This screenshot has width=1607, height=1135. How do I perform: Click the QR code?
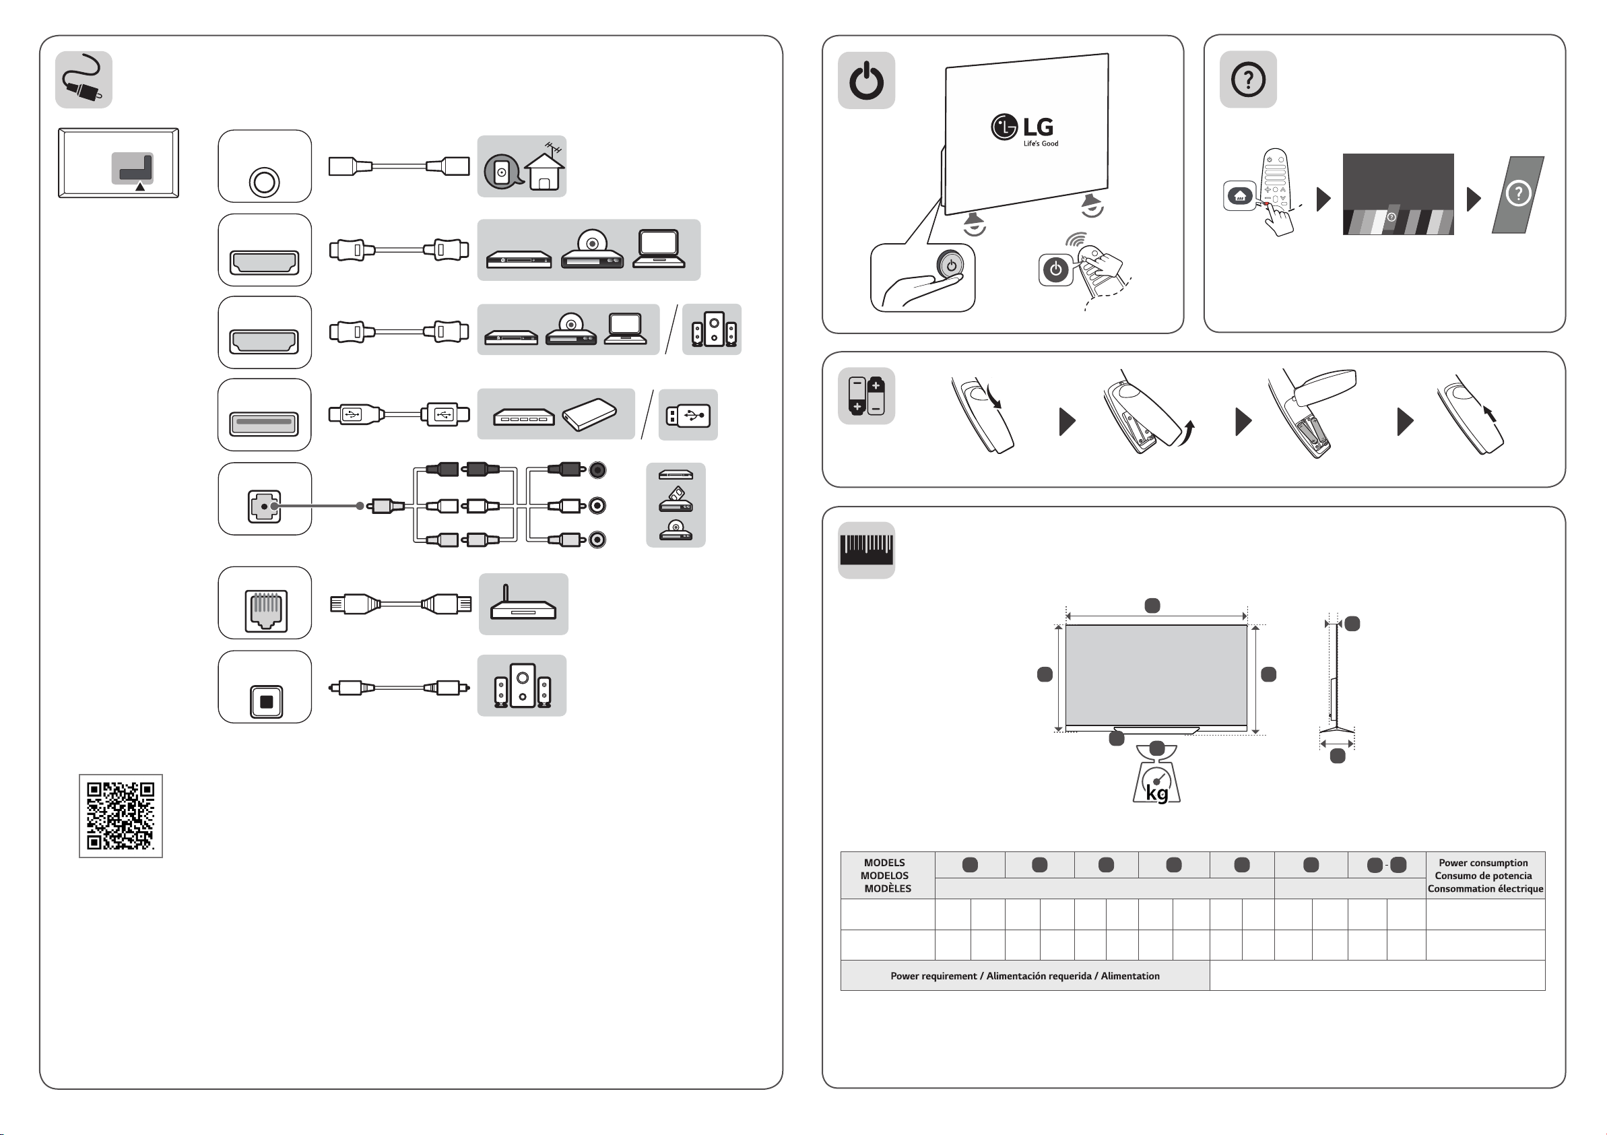[x=121, y=816]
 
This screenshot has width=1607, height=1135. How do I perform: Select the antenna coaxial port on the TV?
[x=264, y=182]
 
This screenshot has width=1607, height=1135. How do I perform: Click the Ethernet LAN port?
[x=265, y=609]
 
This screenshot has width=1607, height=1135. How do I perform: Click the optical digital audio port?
[x=266, y=701]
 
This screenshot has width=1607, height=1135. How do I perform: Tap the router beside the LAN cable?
[x=523, y=604]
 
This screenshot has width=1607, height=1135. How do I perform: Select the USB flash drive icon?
[x=688, y=415]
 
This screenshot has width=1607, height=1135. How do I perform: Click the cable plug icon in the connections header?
[x=84, y=79]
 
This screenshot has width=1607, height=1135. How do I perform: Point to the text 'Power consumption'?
[x=1483, y=863]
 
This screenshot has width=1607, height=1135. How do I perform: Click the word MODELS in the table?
[x=884, y=863]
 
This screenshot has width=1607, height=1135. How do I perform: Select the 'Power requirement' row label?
[x=1024, y=976]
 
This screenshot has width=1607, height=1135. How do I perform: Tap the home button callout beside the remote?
[x=1239, y=196]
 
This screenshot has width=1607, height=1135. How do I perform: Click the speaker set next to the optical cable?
[x=522, y=686]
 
